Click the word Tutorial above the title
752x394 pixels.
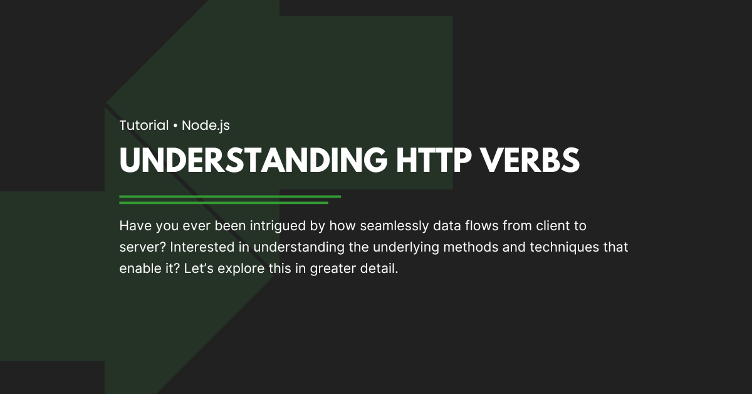click(144, 125)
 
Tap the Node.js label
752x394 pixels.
click(206, 125)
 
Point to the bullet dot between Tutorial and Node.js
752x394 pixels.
click(175, 126)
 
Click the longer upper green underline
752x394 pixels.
click(229, 196)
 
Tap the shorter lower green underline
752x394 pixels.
click(223, 203)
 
